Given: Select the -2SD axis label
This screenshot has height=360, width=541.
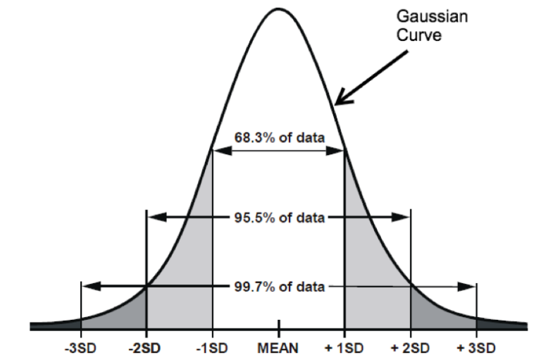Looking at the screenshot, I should [x=146, y=349].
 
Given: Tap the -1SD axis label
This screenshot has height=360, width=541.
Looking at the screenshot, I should [x=212, y=349].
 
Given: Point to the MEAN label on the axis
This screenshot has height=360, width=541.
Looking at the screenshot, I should [x=278, y=349].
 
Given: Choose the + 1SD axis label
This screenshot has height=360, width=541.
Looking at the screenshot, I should [x=344, y=349].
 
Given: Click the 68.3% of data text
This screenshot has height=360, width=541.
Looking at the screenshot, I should [x=280, y=138].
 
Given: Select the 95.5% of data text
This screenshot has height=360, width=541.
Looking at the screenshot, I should [x=280, y=217].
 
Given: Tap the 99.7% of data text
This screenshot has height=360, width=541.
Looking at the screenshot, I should [x=280, y=287].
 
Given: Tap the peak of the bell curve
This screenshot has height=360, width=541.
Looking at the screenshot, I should [x=278, y=9].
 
